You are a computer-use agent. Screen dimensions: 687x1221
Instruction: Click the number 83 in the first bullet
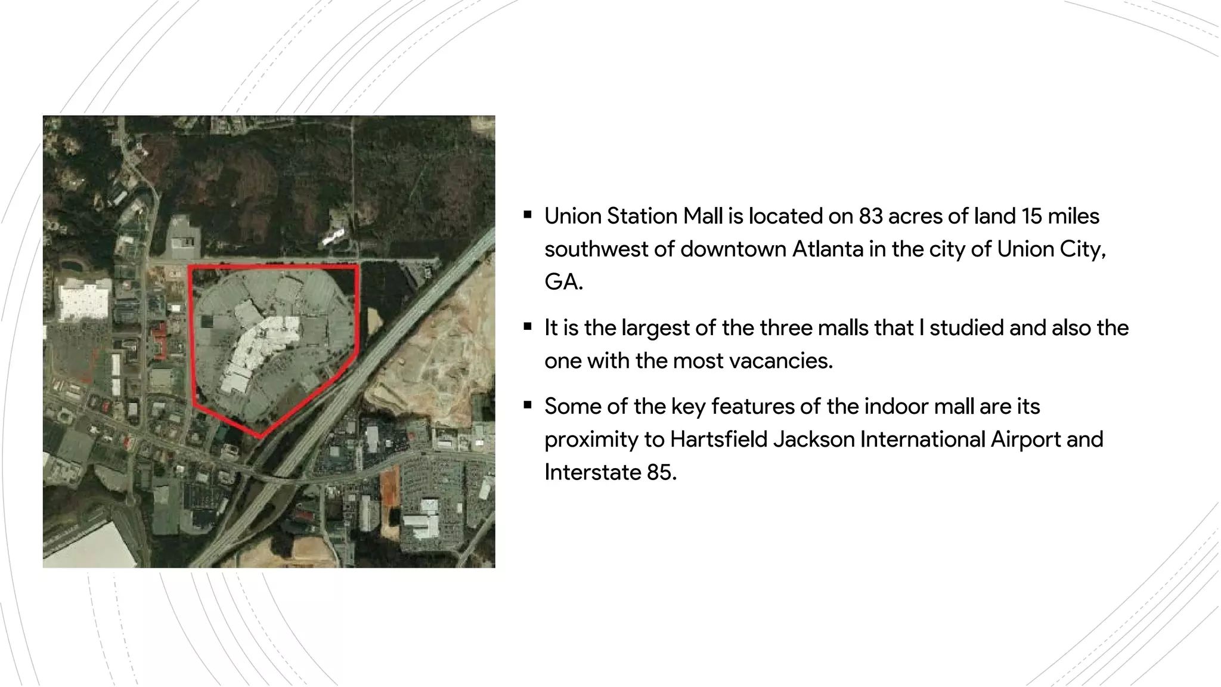[x=870, y=216]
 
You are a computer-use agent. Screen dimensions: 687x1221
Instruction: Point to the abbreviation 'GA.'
[x=563, y=281]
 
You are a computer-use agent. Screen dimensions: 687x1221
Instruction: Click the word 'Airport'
[x=1025, y=439]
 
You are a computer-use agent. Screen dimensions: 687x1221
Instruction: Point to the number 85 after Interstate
[x=661, y=472]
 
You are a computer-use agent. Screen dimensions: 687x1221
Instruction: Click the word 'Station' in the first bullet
[x=642, y=216]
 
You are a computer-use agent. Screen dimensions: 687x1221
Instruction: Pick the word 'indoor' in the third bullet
[x=896, y=406]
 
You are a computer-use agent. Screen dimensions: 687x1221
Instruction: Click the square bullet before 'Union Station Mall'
[x=528, y=215]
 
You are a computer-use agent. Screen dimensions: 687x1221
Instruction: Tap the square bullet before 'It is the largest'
[x=528, y=326]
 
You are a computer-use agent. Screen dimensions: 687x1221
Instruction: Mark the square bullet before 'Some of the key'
[x=528, y=405]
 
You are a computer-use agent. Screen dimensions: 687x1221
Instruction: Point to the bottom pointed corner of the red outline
[x=261, y=436]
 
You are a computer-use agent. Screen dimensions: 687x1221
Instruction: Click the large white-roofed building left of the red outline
[x=83, y=302]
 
